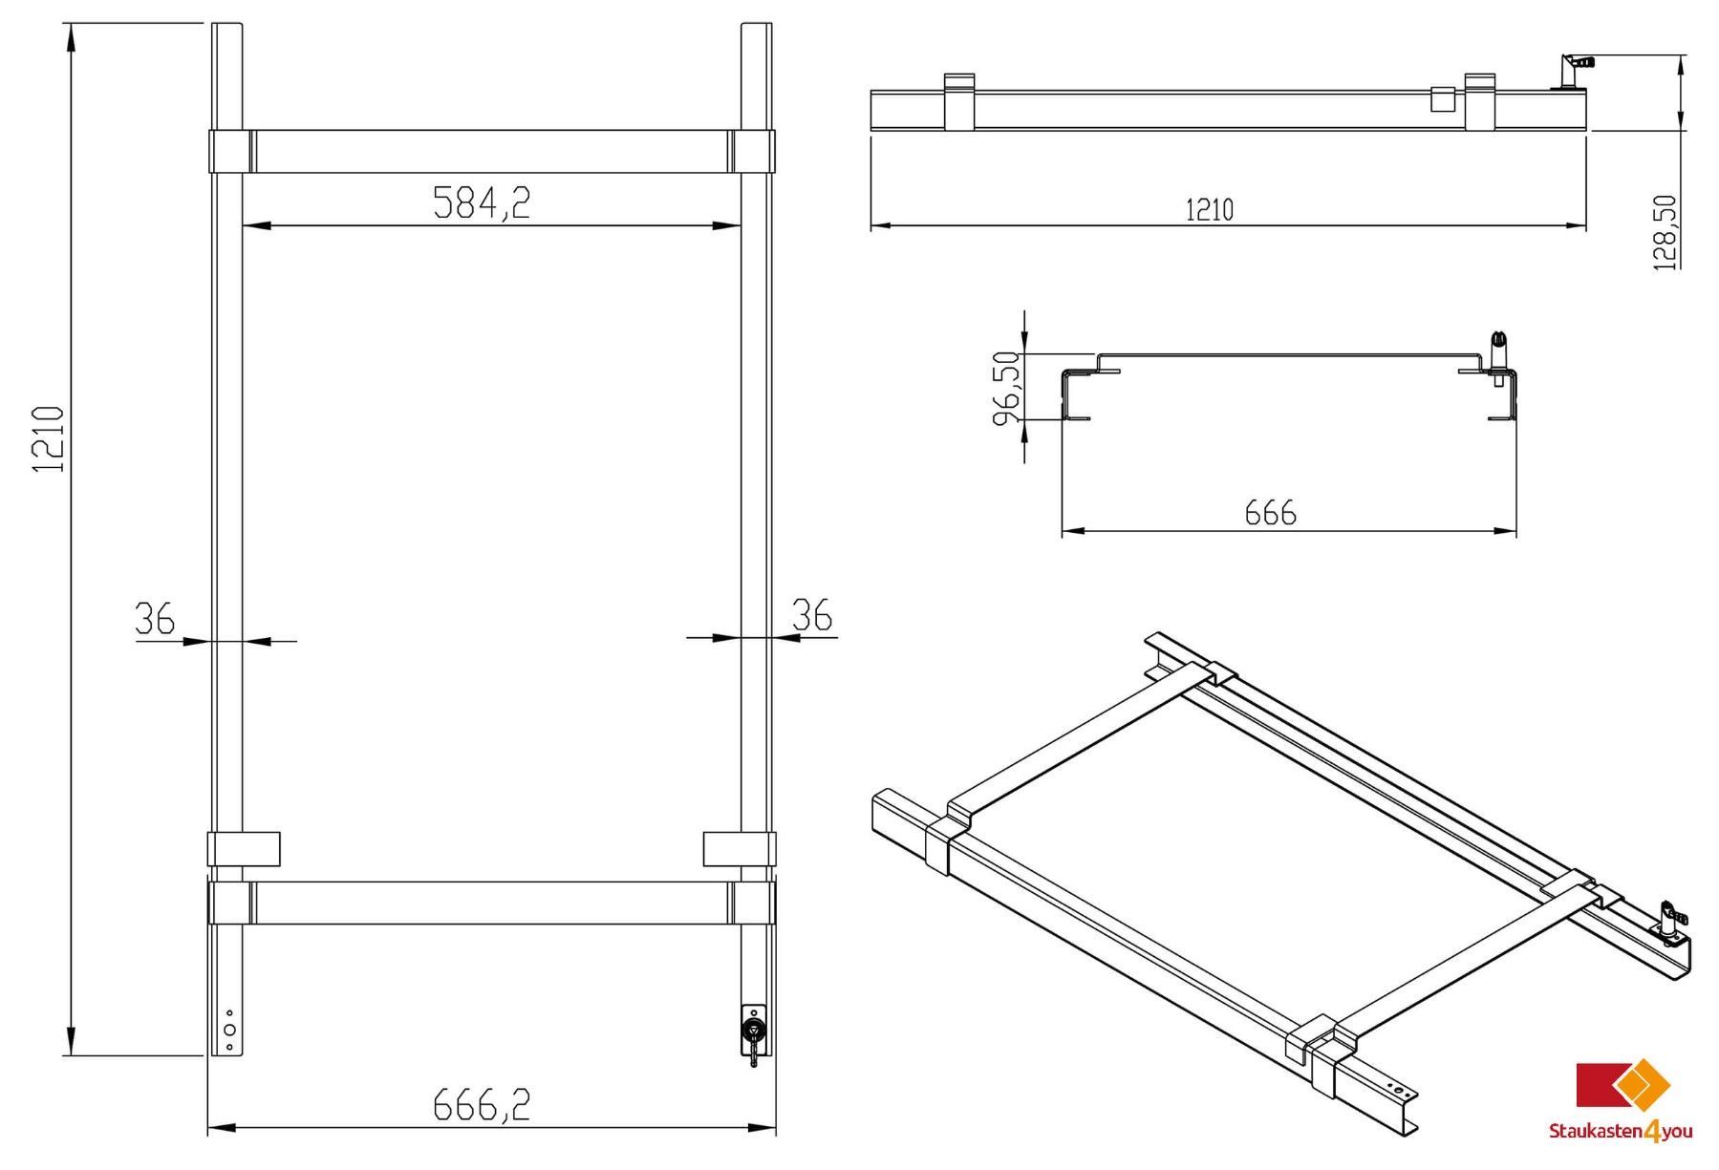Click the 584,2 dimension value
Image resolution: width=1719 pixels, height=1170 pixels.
point(482,202)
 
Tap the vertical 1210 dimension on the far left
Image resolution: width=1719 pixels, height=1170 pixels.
point(48,439)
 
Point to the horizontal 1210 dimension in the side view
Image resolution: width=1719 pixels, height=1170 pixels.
point(1210,209)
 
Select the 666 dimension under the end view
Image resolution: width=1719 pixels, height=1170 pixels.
point(1271,514)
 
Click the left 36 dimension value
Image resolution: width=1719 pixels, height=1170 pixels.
point(155,618)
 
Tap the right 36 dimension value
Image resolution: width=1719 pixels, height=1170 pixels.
point(812,615)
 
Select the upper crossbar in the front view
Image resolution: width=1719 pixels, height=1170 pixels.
point(492,151)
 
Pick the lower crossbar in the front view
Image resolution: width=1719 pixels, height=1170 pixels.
point(492,903)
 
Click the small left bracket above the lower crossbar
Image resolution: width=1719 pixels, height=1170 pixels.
point(244,848)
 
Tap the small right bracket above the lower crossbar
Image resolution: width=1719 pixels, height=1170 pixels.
point(740,848)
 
